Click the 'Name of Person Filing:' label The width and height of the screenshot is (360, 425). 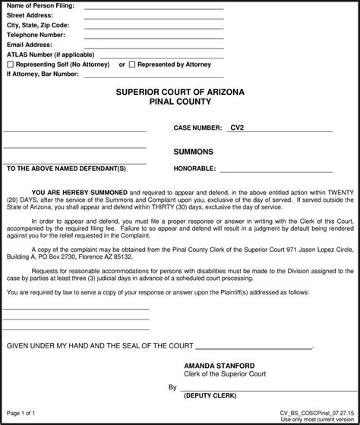click(40, 6)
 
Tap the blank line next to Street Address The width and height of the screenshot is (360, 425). click(153, 17)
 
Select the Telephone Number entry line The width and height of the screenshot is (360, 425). click(153, 36)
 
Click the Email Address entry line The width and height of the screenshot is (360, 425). click(153, 46)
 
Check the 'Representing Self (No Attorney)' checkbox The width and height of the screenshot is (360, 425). click(11, 65)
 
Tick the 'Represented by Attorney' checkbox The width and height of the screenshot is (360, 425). click(132, 65)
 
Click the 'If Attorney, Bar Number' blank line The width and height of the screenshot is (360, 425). click(153, 75)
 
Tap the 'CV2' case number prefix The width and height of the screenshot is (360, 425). click(237, 129)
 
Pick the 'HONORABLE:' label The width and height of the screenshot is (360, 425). click(194, 168)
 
